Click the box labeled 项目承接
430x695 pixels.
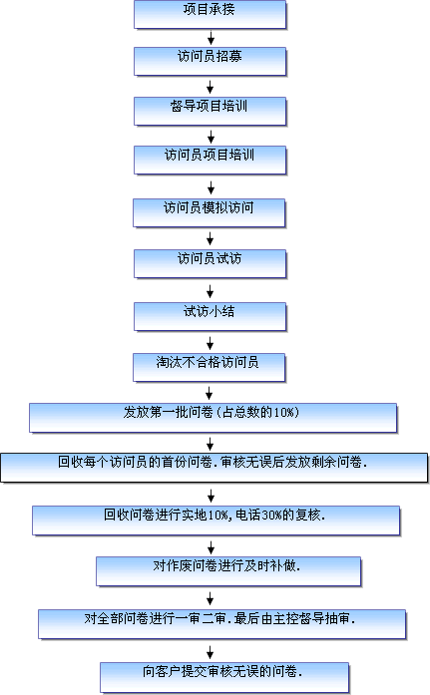[211, 15]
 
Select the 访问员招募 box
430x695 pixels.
[211, 62]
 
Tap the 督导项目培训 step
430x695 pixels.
[211, 112]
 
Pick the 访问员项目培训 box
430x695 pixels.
[211, 160]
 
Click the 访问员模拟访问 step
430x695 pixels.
[209, 212]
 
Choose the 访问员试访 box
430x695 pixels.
[211, 263]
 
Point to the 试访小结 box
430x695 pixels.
[211, 316]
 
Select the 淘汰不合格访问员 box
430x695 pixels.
[209, 368]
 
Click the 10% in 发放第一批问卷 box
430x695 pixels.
[283, 413]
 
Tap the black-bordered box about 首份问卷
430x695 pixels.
[215, 468]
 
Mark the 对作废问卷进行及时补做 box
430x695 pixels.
[228, 571]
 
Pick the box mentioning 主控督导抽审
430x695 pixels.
[222, 624]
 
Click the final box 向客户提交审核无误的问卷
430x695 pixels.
[224, 677]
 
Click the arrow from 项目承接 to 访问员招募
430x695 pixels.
[211, 38]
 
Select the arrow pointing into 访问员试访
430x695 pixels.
[211, 239]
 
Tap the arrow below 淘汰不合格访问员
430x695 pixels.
[210, 393]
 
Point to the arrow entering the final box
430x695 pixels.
[211, 652]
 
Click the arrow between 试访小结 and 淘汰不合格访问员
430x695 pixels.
[211, 343]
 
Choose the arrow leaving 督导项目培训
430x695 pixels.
[212, 137]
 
